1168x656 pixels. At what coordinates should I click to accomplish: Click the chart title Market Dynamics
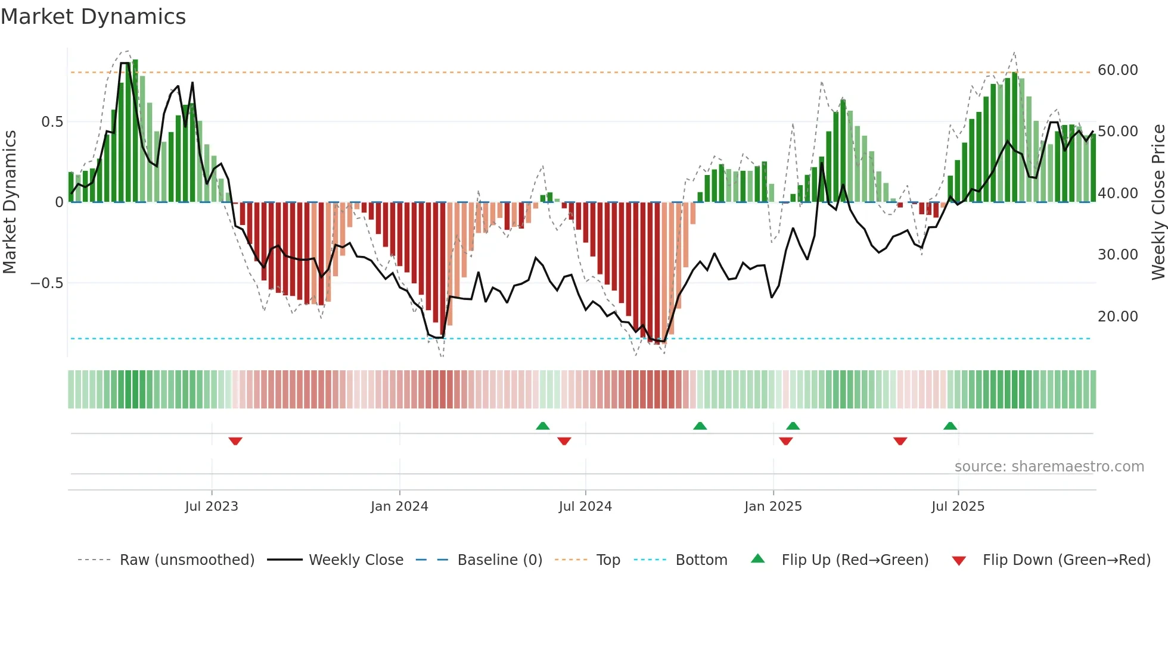(x=94, y=17)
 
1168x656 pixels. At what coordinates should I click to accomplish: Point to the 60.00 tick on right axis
(x=1117, y=70)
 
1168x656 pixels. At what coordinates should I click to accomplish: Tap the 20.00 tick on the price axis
(x=1117, y=317)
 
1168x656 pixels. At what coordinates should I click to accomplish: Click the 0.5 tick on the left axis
(x=52, y=122)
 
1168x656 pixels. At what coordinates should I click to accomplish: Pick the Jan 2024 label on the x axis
(x=399, y=507)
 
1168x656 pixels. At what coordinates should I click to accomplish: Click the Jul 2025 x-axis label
(x=958, y=507)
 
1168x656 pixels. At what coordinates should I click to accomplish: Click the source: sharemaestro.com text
(x=1049, y=467)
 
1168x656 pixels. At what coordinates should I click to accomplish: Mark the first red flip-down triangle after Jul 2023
(x=235, y=441)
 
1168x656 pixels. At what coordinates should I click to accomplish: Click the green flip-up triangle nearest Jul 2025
(x=950, y=426)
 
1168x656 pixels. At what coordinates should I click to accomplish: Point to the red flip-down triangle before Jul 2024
(x=564, y=441)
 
